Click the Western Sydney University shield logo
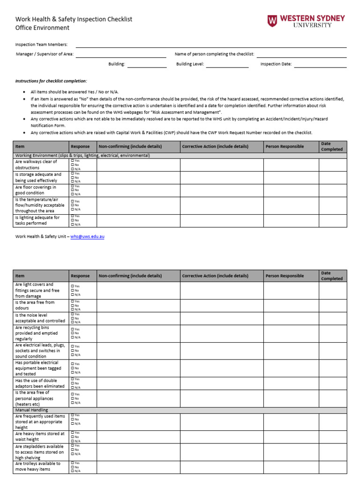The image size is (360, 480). pos(272,21)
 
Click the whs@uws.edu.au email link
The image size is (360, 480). pos(87,237)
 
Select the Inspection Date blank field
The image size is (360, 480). pos(320,64)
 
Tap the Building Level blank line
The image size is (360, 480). pos(227,64)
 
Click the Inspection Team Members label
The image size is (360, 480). pos(41,45)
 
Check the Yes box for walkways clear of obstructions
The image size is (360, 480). pos(72,161)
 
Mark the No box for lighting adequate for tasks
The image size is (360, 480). pos(72,220)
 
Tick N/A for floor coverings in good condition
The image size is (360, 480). pos(72,194)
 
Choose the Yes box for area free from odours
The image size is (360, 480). pos(72,301)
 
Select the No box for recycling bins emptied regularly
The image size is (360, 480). pos(72,333)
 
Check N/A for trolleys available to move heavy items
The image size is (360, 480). pos(72,471)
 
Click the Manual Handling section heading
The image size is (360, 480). pos(31,410)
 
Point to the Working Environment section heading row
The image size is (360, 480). pos(82,155)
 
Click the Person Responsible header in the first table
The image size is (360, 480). pos(285,146)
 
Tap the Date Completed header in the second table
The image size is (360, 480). pos(332,276)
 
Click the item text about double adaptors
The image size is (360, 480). pos(40,383)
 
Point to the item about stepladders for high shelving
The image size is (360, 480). pos(40,452)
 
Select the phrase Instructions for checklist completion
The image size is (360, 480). pos(51,81)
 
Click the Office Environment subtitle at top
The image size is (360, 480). pos(42,28)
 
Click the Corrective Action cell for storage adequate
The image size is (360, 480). pos(222,178)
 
